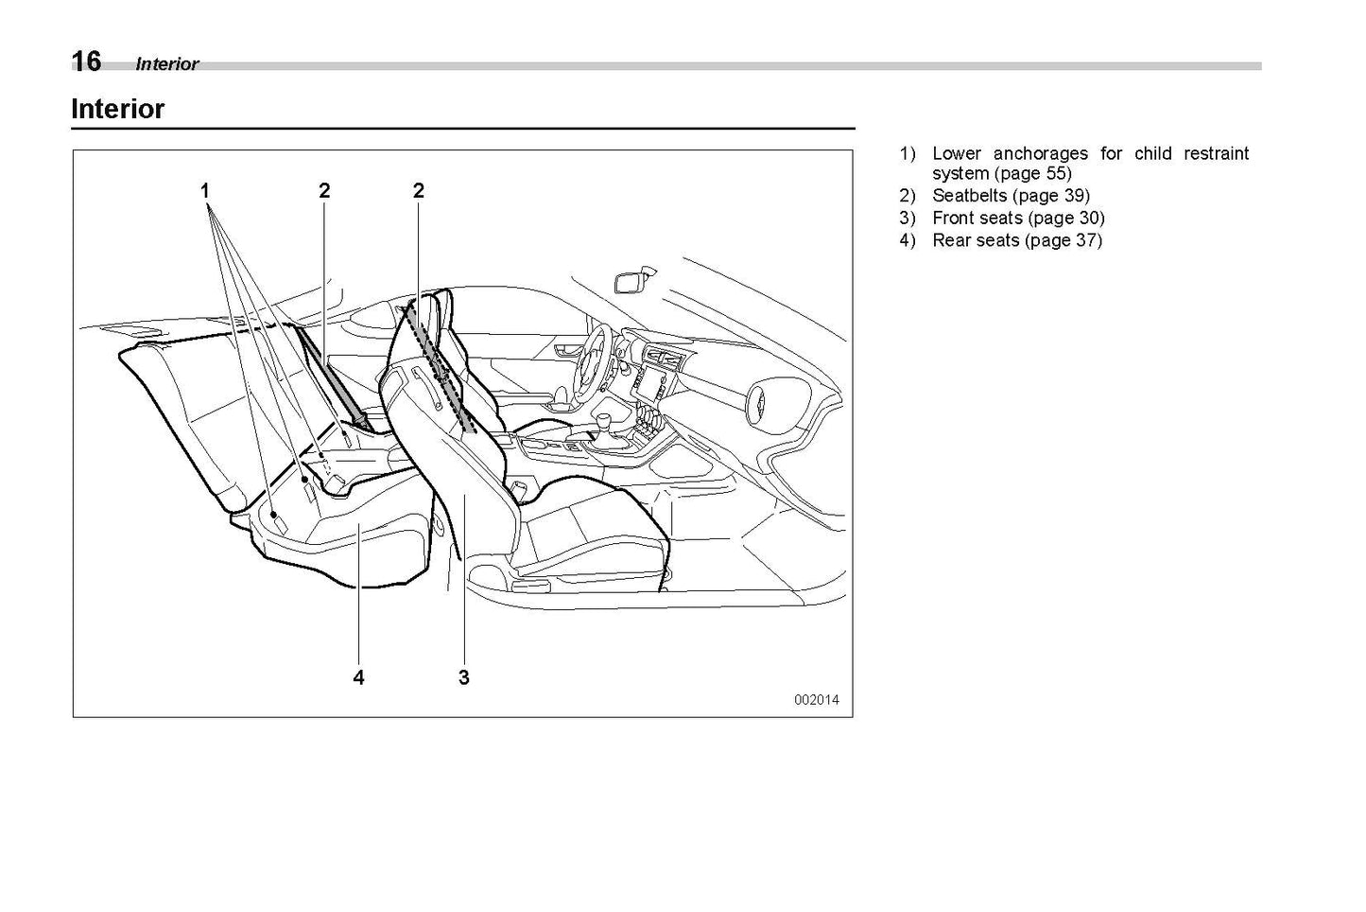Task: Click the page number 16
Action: pos(86,61)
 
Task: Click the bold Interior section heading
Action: pos(118,109)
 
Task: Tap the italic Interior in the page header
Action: pos(167,64)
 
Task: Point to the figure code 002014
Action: pos(816,700)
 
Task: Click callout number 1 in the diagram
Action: pos(205,191)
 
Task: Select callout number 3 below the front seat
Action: pos(464,677)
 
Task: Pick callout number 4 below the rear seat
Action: pos(358,677)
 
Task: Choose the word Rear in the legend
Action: pos(951,240)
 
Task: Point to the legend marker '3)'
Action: pos(908,218)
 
